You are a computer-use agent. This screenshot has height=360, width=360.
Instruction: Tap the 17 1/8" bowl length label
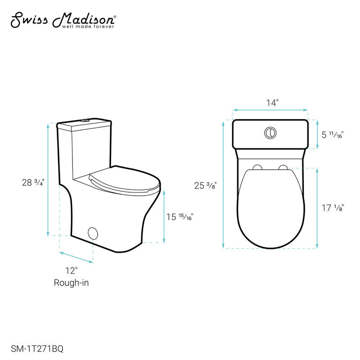click(x=333, y=208)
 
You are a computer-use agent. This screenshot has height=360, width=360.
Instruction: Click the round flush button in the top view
click(x=270, y=132)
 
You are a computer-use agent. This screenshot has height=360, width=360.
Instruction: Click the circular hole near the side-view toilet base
click(x=94, y=233)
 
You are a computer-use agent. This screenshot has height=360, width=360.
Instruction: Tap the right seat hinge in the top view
click(x=283, y=168)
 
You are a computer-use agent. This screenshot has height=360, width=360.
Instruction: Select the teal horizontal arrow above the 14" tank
click(x=270, y=109)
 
